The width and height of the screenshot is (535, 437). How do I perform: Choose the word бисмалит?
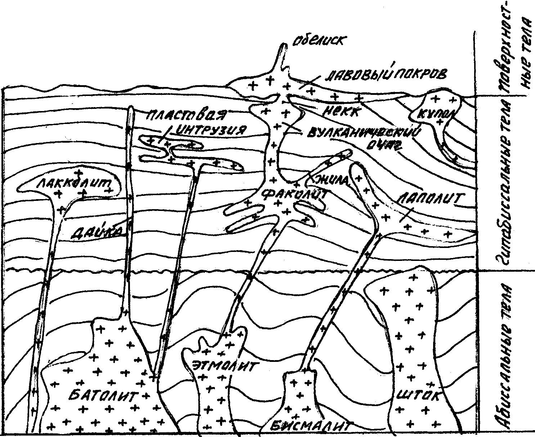point(310,426)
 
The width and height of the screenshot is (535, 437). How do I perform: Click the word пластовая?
point(187,116)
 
